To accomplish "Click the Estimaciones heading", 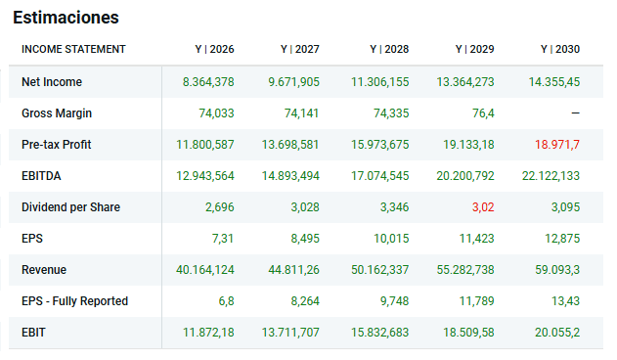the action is tap(66, 18).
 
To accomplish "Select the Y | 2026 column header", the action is tap(214, 49).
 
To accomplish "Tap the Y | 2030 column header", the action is tap(560, 49).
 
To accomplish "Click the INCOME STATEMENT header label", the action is tap(73, 49).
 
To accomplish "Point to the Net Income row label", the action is tap(52, 82).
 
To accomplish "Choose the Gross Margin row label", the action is tap(57, 113).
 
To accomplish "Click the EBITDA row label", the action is tap(41, 176).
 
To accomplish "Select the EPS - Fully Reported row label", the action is tap(74, 301).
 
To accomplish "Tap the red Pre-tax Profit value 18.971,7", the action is tap(557, 145).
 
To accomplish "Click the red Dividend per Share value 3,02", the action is tap(483, 207).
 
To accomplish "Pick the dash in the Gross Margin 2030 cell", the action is tap(575, 113).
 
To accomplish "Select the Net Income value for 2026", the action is tap(208, 82).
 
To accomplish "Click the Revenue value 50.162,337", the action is tap(379, 270).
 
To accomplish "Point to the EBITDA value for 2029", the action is tap(465, 176).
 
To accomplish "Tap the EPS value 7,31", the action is tap(223, 239).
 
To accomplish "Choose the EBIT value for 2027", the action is tap(290, 333).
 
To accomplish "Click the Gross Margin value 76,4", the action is tap(483, 113).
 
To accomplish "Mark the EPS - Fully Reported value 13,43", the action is tap(565, 301).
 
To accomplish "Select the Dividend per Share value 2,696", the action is tap(220, 207).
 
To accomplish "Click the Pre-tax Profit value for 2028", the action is tap(379, 145).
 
